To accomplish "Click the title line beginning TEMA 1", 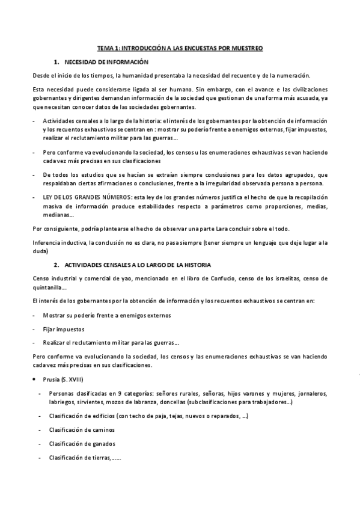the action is point(180,48).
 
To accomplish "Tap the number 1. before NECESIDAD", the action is point(56,62).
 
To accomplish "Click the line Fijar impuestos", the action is point(64,329).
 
